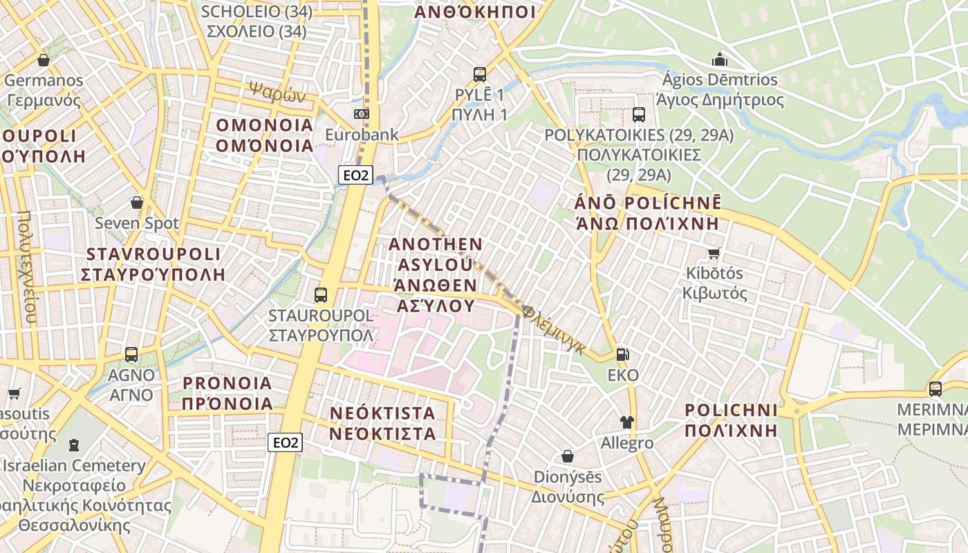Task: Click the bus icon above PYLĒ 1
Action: pos(479,75)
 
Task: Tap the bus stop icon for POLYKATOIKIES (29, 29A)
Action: pos(638,115)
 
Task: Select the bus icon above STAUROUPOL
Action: pos(320,295)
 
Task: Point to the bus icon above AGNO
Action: pos(131,355)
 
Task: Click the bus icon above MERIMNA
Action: pos(936,389)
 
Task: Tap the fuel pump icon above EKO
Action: pos(623,355)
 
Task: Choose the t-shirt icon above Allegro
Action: pos(627,422)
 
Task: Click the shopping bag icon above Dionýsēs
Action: pos(568,456)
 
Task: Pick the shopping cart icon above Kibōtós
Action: pos(714,253)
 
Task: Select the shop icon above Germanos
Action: pos(44,60)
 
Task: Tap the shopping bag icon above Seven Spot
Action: pos(137,203)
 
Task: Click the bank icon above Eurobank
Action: pos(362,114)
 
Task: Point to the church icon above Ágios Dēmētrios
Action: pos(720,59)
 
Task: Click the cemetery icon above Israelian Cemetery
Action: pos(73,445)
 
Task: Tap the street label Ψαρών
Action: pos(277,92)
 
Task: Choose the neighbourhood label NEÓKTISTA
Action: pos(382,413)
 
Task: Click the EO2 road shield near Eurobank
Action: pos(355,175)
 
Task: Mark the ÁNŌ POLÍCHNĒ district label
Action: pos(647,203)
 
